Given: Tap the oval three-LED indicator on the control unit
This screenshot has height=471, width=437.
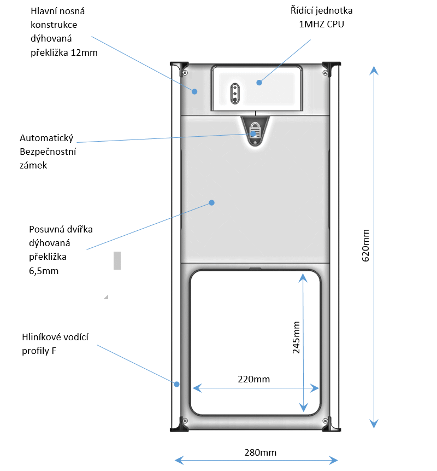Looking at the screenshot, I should pos(235,93).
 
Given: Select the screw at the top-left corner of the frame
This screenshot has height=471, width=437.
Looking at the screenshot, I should pos(186,71).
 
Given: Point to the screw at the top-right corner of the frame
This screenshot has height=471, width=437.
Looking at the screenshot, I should pos(324,71).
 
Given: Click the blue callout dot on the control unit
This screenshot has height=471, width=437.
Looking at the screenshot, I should pos(259,83).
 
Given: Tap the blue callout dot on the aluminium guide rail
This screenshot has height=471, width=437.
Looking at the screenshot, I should pos(176,384).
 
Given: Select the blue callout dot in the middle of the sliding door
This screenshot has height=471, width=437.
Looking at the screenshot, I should pos(212,202).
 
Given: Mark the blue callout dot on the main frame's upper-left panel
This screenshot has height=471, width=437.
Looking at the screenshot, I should pos(194,91).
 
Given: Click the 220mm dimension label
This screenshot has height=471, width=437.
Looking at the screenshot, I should pos(254,379).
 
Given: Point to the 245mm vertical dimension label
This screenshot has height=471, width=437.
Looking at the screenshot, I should pos(296,338).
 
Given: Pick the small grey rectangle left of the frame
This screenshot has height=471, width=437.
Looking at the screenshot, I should pos(117,260).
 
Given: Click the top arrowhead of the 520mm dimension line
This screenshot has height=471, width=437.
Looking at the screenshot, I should pos(374,70).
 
